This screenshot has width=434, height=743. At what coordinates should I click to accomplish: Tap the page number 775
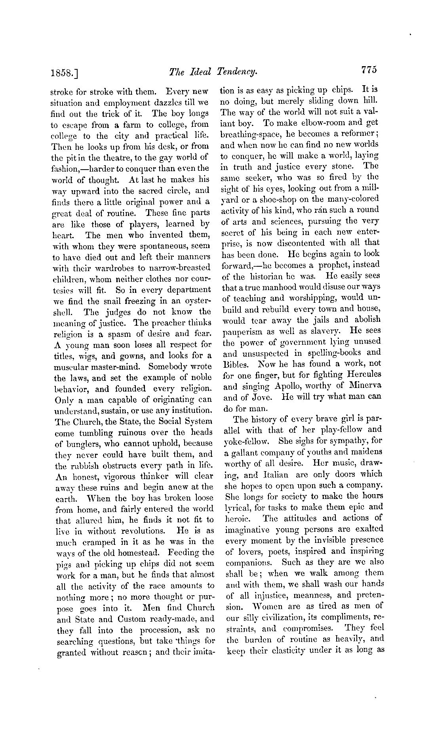[x=369, y=70]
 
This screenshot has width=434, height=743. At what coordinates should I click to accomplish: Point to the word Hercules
[x=362, y=374]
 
